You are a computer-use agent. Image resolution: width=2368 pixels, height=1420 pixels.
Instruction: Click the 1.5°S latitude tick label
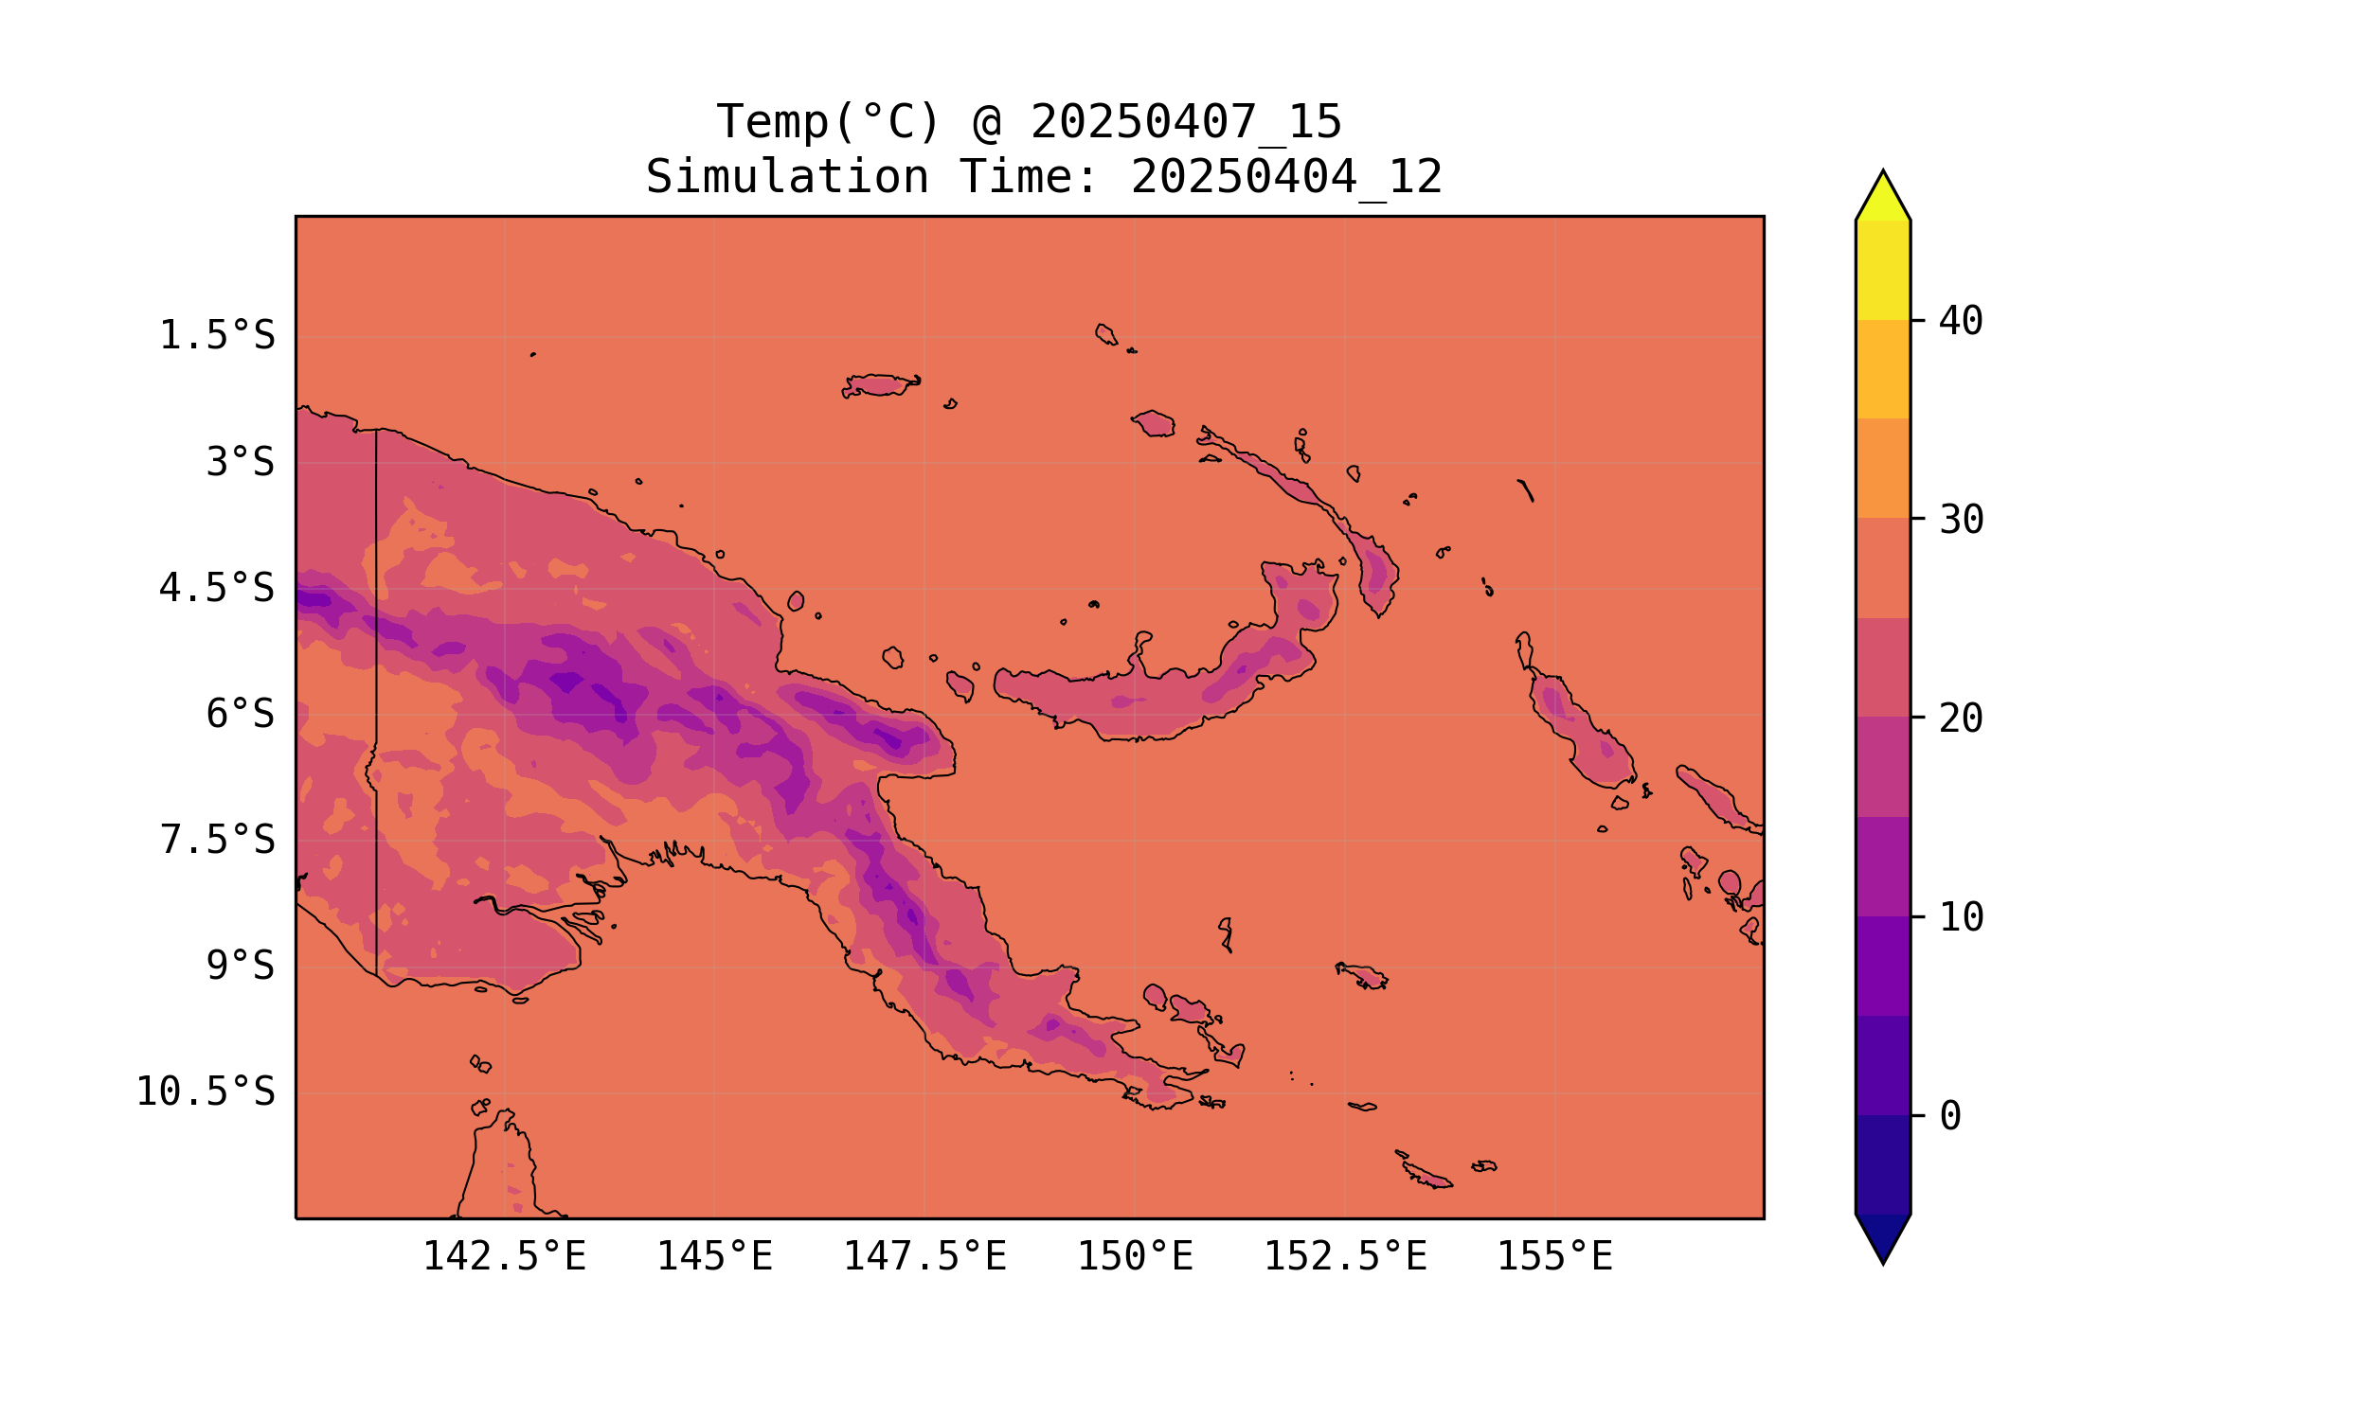tap(216, 336)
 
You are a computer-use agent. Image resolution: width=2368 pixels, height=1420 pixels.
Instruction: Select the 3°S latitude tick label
tap(241, 462)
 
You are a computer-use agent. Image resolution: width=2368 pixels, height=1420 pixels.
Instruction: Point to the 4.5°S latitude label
tap(216, 589)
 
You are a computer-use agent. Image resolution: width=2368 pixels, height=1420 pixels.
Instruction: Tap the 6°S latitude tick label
tap(241, 714)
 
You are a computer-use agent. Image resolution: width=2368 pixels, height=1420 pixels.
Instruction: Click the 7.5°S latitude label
tap(216, 840)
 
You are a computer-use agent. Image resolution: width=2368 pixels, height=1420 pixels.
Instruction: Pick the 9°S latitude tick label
tap(241, 966)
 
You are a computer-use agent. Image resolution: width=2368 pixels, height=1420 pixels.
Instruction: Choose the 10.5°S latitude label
tap(205, 1092)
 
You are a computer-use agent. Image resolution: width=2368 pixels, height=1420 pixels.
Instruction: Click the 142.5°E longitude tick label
tap(505, 1256)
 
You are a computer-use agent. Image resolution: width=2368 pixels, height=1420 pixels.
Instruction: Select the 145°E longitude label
tap(714, 1256)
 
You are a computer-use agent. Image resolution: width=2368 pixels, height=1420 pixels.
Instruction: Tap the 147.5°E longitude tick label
tap(924, 1256)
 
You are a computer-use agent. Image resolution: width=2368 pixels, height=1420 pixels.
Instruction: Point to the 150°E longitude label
tap(1135, 1256)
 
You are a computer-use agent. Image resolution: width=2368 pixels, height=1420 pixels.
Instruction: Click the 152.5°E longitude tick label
tap(1345, 1256)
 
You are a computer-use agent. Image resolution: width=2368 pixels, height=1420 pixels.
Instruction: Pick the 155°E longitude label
tap(1554, 1256)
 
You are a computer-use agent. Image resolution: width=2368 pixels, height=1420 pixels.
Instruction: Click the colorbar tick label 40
tap(1962, 321)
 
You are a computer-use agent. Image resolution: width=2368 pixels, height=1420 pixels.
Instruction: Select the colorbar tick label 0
tap(1950, 1117)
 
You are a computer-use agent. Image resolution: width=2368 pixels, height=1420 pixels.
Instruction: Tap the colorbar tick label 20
tap(1962, 719)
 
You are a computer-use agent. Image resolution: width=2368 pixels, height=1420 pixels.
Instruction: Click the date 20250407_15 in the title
tap(1186, 122)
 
